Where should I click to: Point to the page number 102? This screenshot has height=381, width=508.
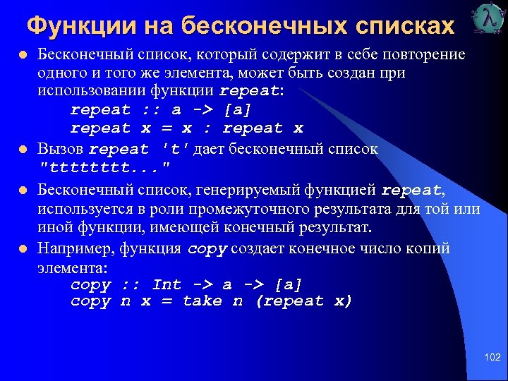tap(492, 358)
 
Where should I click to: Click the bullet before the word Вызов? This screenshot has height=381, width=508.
tap(24, 150)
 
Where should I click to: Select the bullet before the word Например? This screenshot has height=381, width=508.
tap(24, 248)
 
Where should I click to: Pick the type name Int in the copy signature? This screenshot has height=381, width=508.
tap(167, 285)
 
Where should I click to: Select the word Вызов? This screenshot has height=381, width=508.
tap(61, 150)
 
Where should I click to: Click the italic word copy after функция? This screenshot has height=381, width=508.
tap(208, 248)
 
